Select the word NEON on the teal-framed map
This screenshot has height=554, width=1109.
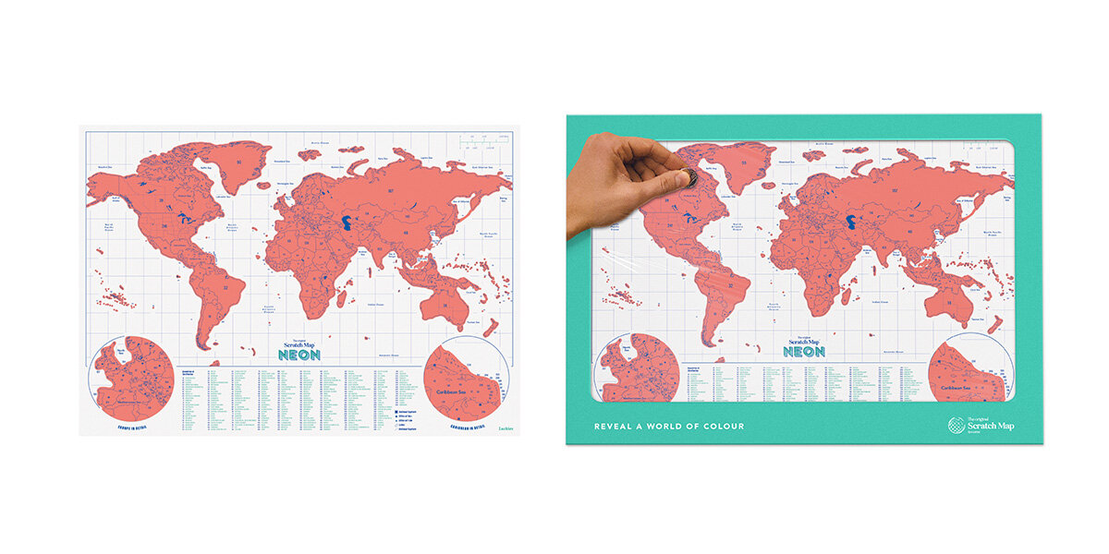[804, 352]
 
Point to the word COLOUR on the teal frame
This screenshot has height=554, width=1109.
[720, 426]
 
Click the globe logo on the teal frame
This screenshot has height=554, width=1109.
[957, 426]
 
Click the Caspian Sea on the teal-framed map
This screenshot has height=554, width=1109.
[851, 223]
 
